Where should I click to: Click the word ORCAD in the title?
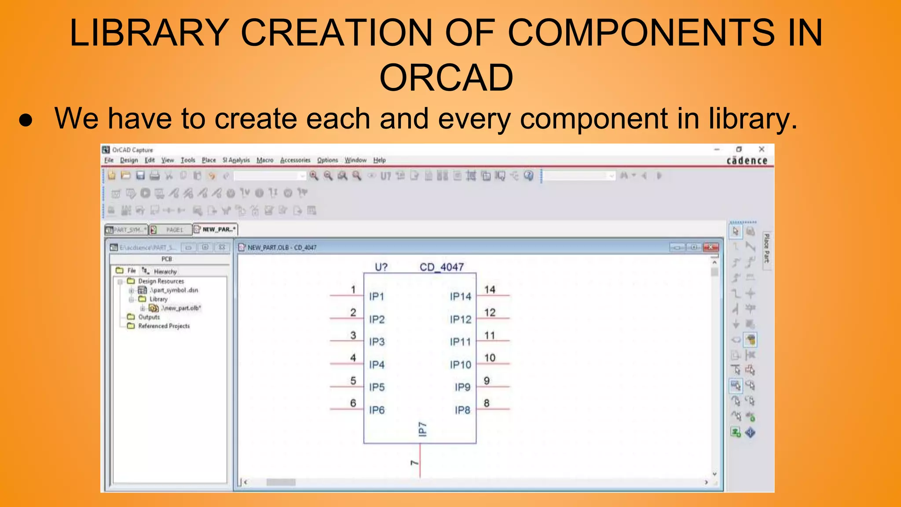[446, 78]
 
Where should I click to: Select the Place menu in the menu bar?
[209, 160]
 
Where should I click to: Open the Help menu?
[379, 160]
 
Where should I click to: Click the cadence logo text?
[747, 161]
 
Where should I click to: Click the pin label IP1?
[377, 297]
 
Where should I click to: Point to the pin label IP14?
[460, 297]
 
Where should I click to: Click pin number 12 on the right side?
[490, 312]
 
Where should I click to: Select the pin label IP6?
[377, 410]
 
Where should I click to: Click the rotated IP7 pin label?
[422, 429]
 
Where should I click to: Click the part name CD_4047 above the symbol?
[441, 267]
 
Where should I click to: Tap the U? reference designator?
[381, 267]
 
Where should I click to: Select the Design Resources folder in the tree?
[161, 281]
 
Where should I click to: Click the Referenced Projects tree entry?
[164, 326]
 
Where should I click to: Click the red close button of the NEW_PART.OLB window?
[711, 247]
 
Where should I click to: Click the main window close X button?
[762, 149]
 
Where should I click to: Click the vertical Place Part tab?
[767, 249]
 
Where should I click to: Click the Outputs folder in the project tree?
[149, 317]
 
